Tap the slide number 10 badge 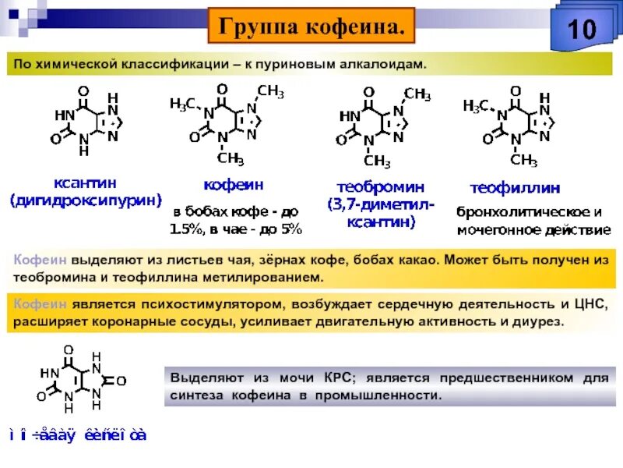[579, 30]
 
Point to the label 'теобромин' [381, 186]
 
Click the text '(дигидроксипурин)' [85, 201]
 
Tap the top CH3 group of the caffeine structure [270, 92]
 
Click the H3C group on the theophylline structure [477, 105]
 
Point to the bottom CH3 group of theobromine [377, 161]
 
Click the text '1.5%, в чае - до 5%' [235, 229]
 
